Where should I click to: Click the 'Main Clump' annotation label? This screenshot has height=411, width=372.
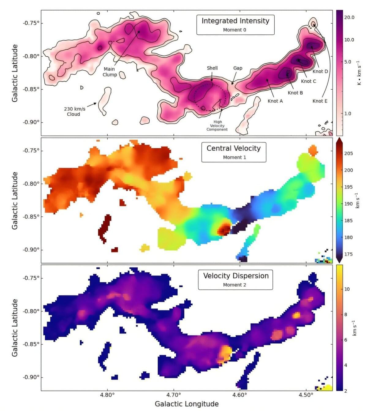pos(110,72)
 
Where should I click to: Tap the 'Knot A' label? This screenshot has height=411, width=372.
pos(275,101)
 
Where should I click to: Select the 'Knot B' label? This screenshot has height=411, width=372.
pos(295,93)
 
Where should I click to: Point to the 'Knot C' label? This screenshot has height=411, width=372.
pos(308,81)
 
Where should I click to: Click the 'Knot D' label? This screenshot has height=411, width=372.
pos(320,71)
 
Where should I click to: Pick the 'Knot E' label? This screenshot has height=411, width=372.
pos(320,101)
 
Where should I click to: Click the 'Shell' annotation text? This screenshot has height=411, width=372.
pos(212,68)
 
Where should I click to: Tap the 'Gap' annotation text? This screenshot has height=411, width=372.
pos(238,68)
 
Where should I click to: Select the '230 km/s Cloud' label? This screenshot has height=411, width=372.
pos(75,111)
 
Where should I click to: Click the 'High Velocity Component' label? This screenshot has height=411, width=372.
pos(217,125)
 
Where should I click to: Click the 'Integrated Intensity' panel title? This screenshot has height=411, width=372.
pos(235,21)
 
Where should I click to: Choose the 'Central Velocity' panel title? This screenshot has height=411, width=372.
pos(234,148)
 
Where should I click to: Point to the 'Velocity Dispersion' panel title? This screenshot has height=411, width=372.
pos(236,276)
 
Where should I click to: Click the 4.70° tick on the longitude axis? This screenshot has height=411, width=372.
pos(174,394)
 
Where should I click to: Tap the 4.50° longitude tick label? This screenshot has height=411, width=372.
pos(306,394)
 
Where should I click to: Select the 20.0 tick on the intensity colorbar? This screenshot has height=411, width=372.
pos(349,17)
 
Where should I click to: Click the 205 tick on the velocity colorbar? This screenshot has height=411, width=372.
pos(348,153)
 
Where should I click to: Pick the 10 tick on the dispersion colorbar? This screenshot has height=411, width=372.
pos(347,289)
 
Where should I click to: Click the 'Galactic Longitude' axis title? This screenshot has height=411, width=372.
pos(186,404)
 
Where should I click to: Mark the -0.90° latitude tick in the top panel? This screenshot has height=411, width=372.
pos(31,122)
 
